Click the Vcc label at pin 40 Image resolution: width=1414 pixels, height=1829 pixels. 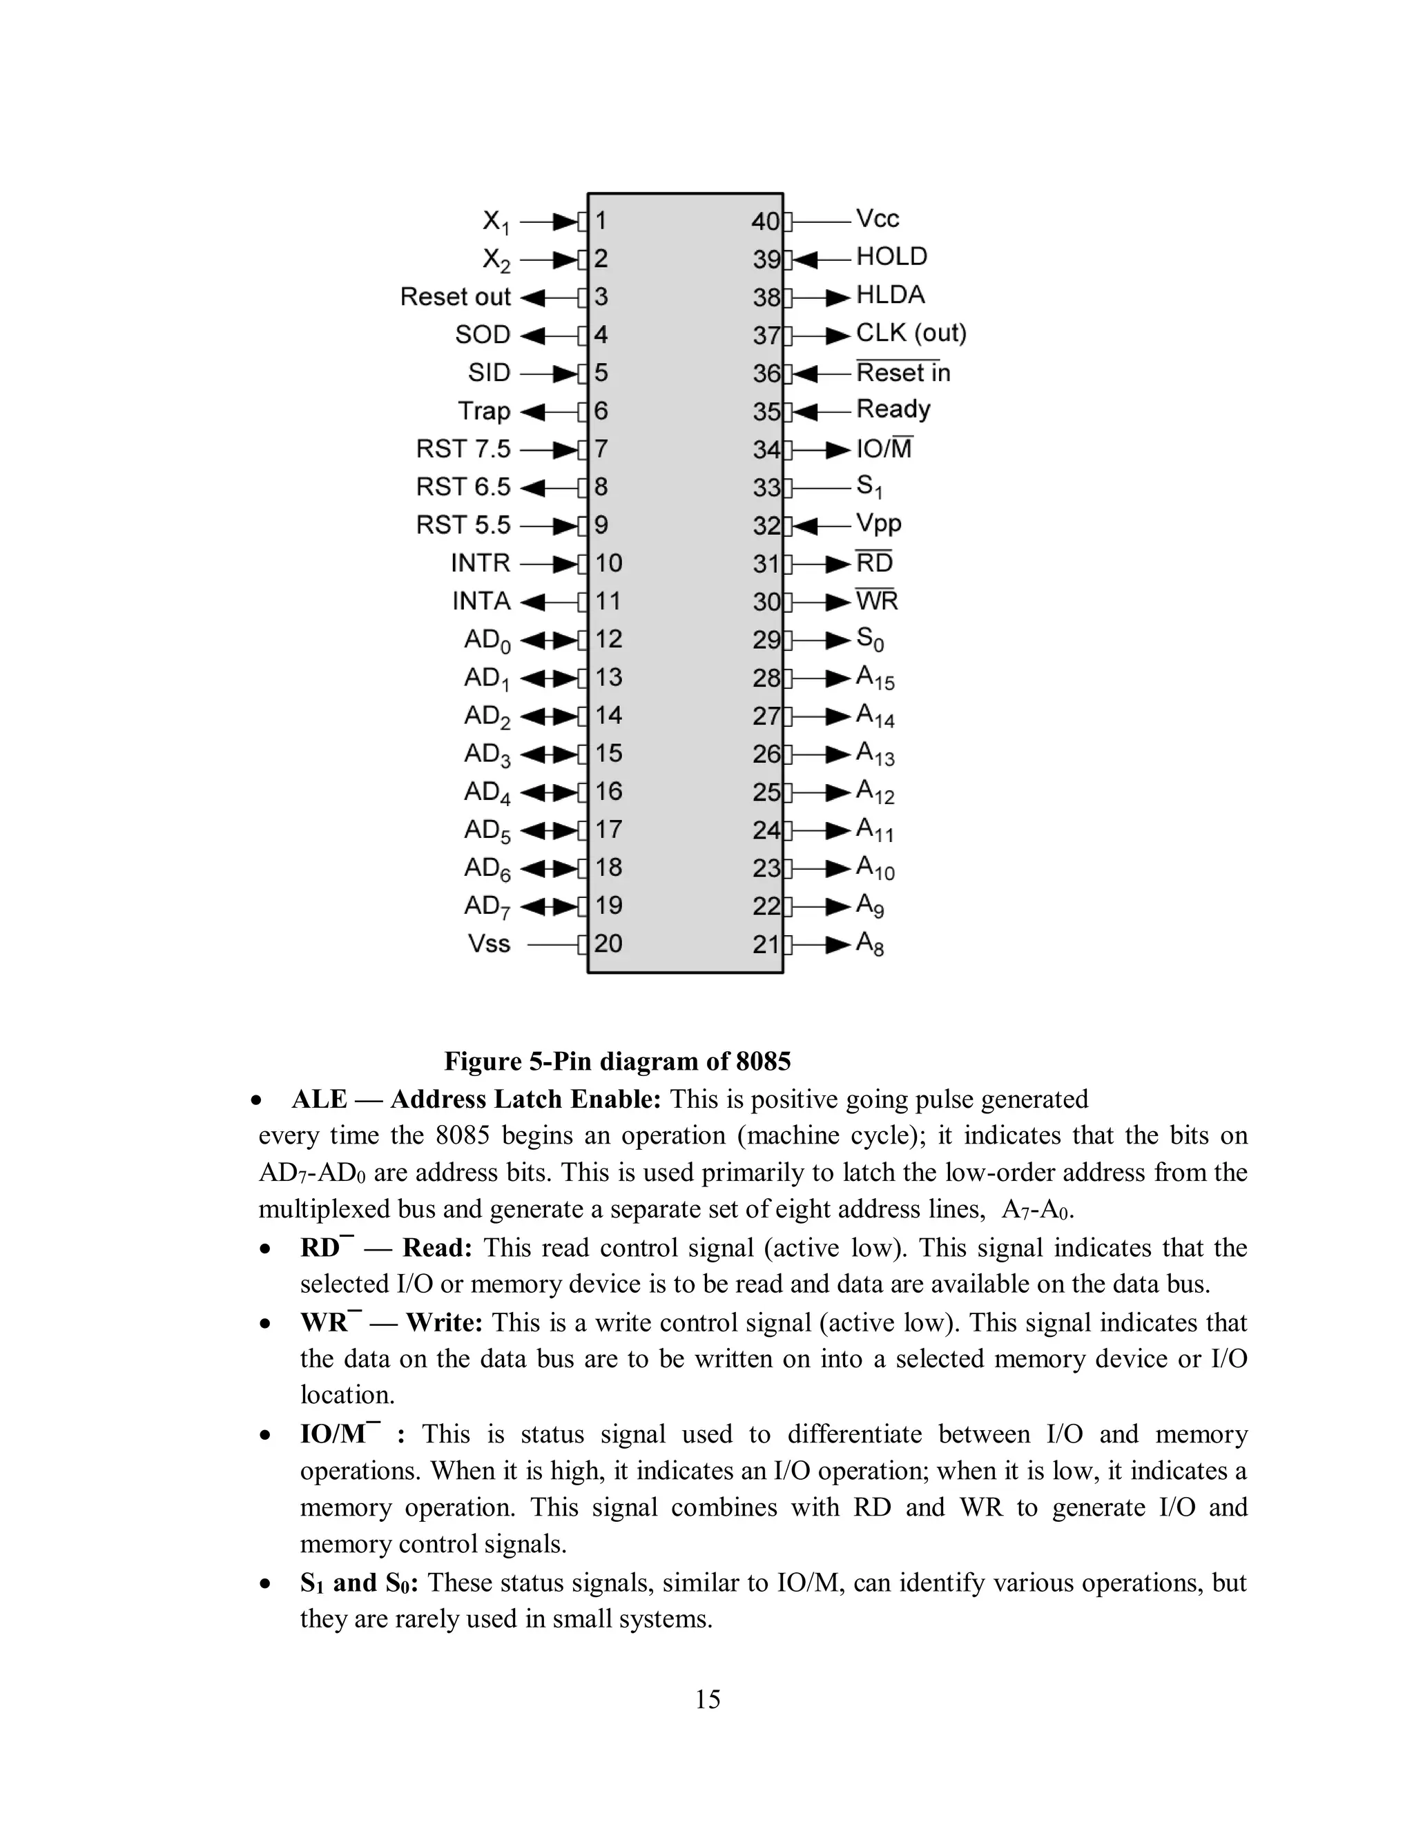pyautogui.click(x=877, y=219)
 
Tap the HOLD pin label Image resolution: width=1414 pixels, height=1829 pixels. pyautogui.click(x=891, y=257)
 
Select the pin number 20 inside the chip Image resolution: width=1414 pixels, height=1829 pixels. pyautogui.click(x=608, y=943)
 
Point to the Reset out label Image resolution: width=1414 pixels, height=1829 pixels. pyautogui.click(x=455, y=297)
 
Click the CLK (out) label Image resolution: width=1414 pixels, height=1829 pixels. pyautogui.click(x=911, y=333)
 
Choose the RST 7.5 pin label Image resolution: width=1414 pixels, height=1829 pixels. pyautogui.click(x=463, y=450)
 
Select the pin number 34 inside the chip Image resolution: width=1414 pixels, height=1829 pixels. pyautogui.click(x=766, y=451)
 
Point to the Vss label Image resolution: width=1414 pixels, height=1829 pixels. pyautogui.click(x=488, y=943)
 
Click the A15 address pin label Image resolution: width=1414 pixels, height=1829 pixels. pyautogui.click(x=875, y=678)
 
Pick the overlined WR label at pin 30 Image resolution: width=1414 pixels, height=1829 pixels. pyautogui.click(x=876, y=601)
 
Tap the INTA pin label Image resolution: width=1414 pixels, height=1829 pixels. pyautogui.click(x=481, y=601)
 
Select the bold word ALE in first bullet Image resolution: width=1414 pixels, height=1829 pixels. pyautogui.click(x=318, y=1099)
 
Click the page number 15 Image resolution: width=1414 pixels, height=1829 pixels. pyautogui.click(x=707, y=1699)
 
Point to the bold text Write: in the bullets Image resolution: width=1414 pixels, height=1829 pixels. pyautogui.click(x=444, y=1322)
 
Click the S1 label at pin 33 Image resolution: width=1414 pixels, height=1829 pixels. pyautogui.click(x=869, y=487)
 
